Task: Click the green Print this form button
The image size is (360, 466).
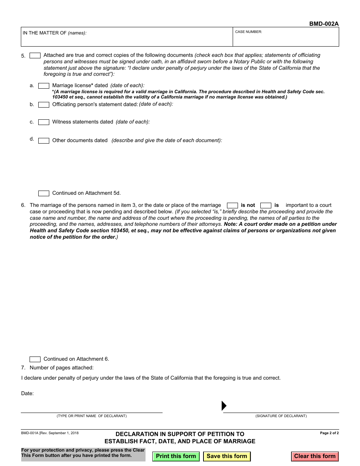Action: [176, 456]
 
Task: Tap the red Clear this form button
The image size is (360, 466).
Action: [315, 456]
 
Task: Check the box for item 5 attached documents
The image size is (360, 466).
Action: [35, 56]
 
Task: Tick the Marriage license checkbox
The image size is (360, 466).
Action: [44, 86]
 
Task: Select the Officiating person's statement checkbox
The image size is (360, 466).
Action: [44, 105]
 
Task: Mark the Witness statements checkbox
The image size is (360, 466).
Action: [44, 122]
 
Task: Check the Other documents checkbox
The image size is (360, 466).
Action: [44, 141]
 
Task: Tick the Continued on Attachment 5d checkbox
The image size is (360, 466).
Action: [44, 194]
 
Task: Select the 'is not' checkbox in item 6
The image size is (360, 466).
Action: [232, 206]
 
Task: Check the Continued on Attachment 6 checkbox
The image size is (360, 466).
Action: [35, 360]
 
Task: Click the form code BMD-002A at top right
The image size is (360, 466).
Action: [324, 24]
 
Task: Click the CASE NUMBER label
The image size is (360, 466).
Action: [249, 32]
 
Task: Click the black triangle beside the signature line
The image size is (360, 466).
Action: [224, 406]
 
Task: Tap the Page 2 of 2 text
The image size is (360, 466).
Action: [329, 433]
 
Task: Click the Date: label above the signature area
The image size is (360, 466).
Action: [27, 394]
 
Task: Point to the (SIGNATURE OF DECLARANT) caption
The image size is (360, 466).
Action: [281, 416]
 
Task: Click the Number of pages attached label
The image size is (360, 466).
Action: [61, 367]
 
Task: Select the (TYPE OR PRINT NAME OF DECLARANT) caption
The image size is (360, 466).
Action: [92, 416]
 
